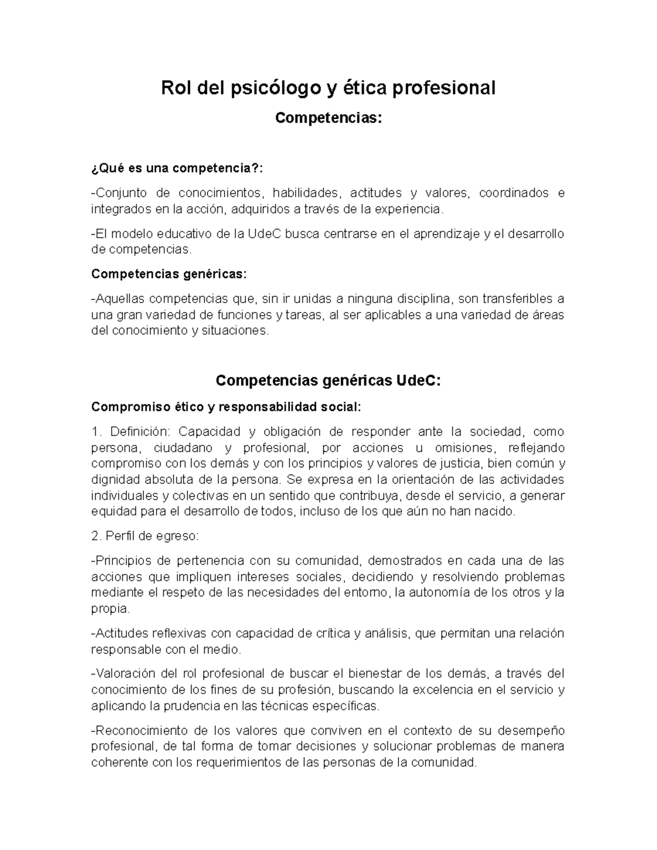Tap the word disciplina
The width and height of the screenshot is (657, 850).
[419, 299]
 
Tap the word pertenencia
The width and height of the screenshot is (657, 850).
[210, 561]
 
